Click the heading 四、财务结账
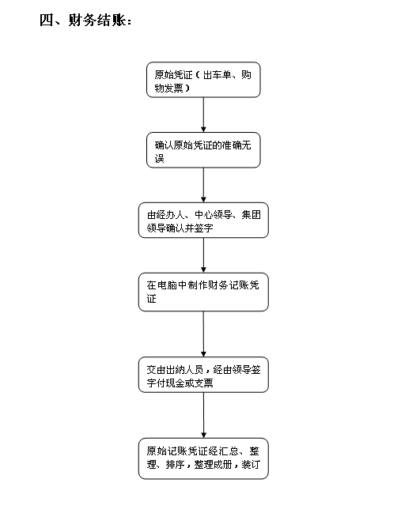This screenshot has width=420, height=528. point(85,21)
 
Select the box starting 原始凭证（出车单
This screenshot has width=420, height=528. point(203,80)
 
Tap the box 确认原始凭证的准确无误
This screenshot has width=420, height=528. point(203,150)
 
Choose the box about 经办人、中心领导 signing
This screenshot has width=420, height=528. point(203,221)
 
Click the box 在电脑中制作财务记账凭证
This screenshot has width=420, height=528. point(203,292)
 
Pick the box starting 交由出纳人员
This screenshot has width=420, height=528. point(203,375)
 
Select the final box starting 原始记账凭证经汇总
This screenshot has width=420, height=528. point(203,458)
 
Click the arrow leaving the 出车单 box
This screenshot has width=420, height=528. point(203,115)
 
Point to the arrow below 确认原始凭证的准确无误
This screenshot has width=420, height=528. point(203,185)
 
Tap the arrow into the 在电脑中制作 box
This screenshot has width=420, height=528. point(203,255)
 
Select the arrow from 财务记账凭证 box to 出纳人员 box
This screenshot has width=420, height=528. point(203,334)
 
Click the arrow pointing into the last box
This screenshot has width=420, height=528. point(203,415)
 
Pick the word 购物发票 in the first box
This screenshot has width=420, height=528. point(203,81)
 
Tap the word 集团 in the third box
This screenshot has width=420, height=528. point(251,215)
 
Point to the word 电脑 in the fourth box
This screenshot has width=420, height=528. point(167,285)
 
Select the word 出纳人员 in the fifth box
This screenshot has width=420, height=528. point(184,370)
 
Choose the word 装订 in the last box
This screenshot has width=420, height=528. point(251,464)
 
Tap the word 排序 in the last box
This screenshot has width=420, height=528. point(175,464)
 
